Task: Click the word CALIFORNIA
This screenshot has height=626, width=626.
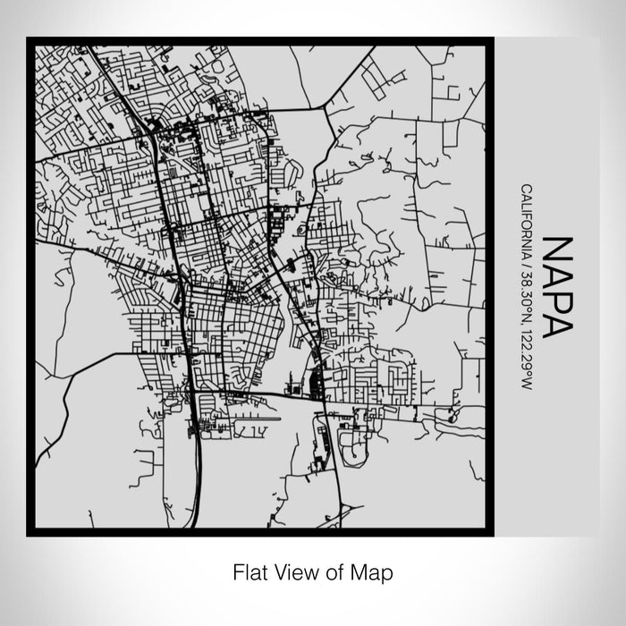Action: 527,215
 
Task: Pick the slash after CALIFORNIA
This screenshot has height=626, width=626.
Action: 527,255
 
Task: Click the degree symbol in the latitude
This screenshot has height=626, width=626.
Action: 529,298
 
